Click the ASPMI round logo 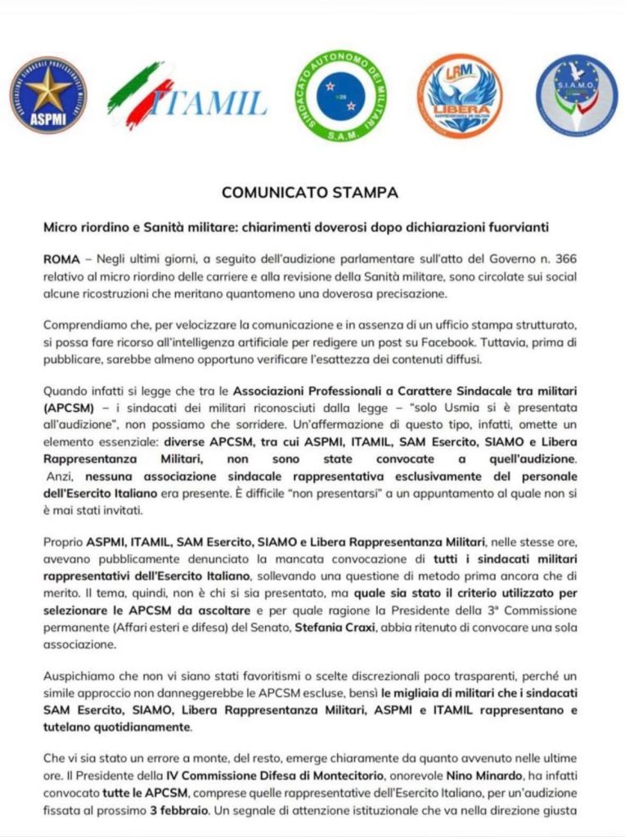47,95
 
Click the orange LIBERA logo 460,96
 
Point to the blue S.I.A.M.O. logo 577,95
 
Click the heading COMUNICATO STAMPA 310,193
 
